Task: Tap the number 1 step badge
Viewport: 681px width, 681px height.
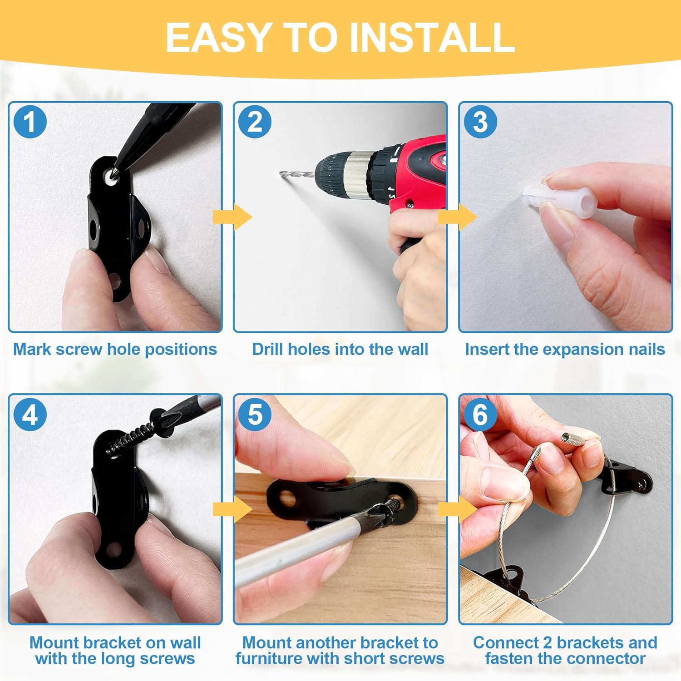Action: (30, 122)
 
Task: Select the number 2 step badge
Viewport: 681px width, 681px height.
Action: (255, 122)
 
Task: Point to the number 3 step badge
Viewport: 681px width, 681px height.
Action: (480, 122)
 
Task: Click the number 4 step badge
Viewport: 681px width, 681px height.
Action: (30, 415)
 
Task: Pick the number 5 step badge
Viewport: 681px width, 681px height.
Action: (255, 415)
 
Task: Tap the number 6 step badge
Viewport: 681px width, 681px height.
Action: (480, 415)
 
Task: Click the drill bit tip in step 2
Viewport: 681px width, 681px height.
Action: (280, 172)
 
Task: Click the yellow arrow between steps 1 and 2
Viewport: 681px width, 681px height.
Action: (232, 217)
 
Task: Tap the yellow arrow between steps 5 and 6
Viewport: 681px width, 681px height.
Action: (458, 509)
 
